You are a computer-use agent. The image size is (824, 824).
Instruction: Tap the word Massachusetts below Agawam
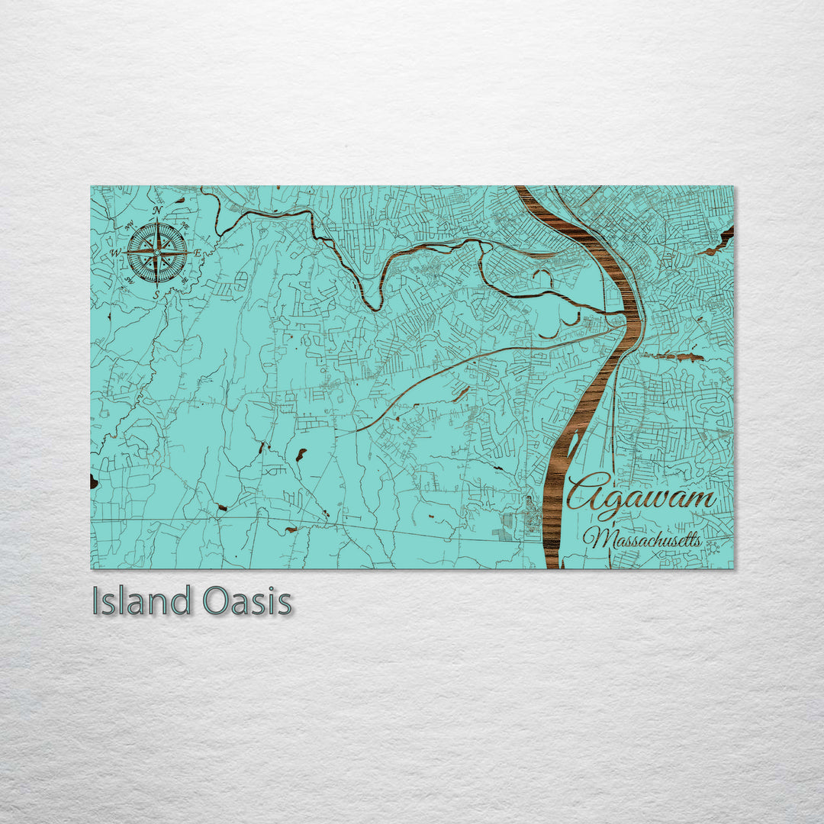tap(643, 539)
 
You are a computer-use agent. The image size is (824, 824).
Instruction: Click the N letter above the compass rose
tap(157, 211)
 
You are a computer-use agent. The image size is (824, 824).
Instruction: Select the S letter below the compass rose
tap(157, 293)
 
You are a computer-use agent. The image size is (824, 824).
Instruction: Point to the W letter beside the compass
tap(116, 253)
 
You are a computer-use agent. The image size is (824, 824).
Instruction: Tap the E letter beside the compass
tap(198, 253)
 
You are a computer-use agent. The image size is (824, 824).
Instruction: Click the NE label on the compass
tap(186, 224)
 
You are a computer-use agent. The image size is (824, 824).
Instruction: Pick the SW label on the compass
tap(127, 280)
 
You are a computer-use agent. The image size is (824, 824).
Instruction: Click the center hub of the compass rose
tap(157, 252)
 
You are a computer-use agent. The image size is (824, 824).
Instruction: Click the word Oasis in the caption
tap(247, 601)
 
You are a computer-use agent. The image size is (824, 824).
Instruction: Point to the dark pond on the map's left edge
tap(94, 481)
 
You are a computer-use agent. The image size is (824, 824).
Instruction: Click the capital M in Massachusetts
tap(597, 539)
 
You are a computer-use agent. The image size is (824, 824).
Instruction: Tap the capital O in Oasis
tap(215, 601)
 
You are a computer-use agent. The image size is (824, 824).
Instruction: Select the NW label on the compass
tap(128, 224)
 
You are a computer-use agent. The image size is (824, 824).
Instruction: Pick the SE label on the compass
tap(185, 280)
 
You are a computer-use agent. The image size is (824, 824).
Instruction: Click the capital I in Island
tap(96, 601)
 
